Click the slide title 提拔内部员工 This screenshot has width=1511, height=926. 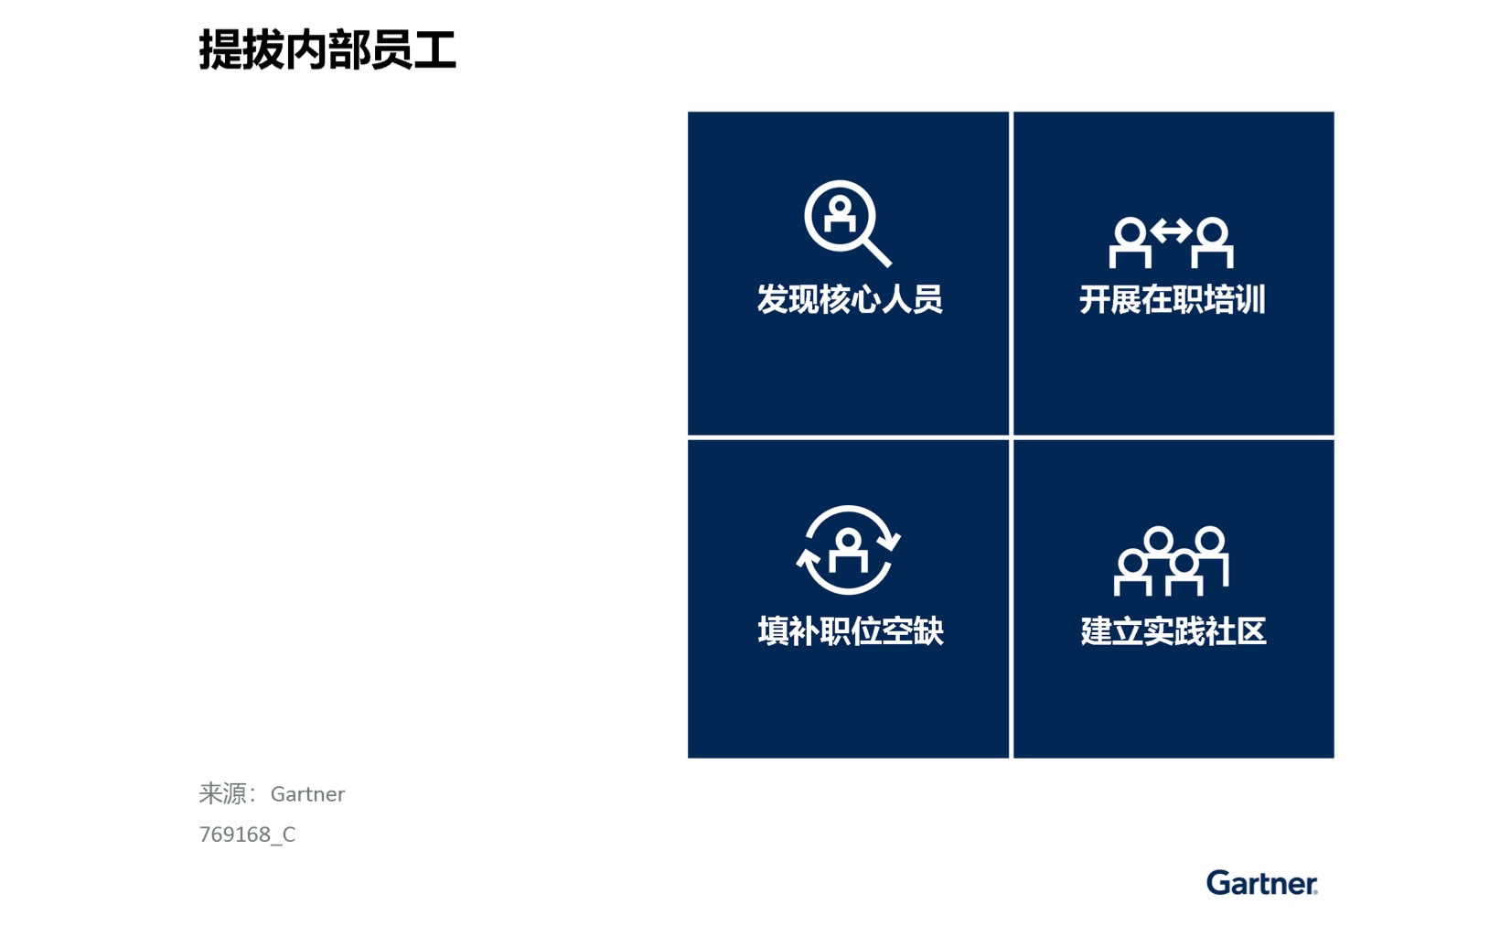(327, 50)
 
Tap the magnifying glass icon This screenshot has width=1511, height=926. (847, 223)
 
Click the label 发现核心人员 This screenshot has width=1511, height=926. (850, 299)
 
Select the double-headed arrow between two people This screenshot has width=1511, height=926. (1172, 231)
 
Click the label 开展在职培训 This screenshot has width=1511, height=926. (1173, 299)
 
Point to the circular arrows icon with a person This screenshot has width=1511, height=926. (848, 549)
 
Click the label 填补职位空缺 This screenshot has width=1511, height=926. (850, 631)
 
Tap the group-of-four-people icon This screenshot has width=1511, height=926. (1171, 561)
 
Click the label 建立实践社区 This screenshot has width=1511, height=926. (1173, 631)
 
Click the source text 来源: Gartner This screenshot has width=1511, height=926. (272, 793)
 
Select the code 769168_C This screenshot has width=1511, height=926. (247, 834)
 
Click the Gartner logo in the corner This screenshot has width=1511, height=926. (1261, 883)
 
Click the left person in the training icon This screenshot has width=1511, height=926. (1130, 242)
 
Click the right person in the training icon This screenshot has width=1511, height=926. (1212, 242)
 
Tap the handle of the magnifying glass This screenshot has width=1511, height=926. (877, 253)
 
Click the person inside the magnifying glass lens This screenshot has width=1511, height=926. (840, 215)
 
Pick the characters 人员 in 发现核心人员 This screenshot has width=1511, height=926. (912, 299)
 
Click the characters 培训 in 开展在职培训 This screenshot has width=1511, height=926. (1235, 299)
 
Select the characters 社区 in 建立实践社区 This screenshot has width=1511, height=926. (1236, 631)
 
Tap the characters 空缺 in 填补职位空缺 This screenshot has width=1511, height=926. (913, 631)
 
